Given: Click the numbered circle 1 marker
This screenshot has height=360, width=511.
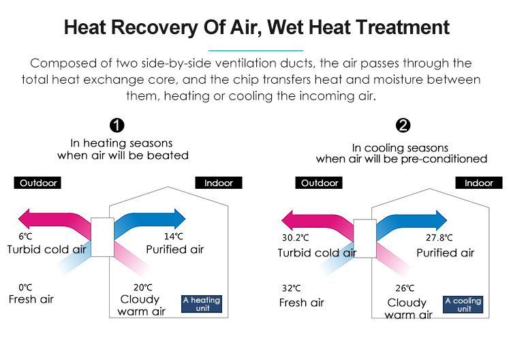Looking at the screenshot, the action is tap(117, 125).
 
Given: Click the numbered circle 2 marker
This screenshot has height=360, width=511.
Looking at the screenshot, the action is tap(403, 125).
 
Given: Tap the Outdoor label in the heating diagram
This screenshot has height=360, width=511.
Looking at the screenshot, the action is tap(37, 183).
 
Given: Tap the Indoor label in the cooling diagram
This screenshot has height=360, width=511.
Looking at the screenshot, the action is tap(479, 183).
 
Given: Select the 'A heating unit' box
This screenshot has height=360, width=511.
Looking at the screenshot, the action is tap(202, 304).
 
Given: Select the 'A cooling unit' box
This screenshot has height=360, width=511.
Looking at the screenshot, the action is tap(463, 305).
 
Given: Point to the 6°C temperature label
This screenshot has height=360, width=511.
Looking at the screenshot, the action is tap(25, 237).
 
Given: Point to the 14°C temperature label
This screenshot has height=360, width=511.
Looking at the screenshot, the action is tap(174, 237).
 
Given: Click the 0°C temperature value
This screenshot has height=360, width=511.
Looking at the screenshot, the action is tap(25, 287).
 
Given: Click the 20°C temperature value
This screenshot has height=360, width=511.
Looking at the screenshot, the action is tap(143, 287).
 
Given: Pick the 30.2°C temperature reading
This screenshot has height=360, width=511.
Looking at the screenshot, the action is tap(295, 238).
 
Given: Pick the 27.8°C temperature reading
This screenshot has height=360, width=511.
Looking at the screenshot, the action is tap(439, 238).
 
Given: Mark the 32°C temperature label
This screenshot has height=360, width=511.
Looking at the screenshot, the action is tap(292, 288).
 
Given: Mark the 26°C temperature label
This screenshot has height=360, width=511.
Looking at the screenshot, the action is tap(405, 288).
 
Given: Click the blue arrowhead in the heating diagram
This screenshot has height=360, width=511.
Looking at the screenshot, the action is tap(180, 218).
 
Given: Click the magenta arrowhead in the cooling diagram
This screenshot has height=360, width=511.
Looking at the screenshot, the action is tap(287, 220).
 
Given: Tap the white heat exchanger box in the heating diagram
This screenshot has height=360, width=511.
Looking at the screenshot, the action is tap(102, 237).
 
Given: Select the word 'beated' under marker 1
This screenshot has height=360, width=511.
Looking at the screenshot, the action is tap(168, 155).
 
